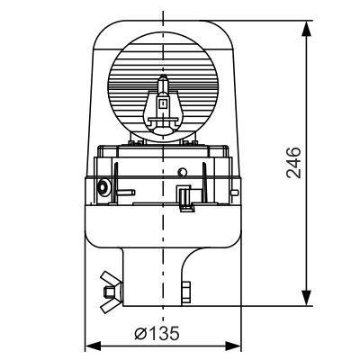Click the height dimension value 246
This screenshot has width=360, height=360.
(294, 162)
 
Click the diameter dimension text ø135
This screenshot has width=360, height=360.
(157, 333)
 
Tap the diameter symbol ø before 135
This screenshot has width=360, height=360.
(141, 333)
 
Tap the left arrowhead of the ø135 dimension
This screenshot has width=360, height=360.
(90, 346)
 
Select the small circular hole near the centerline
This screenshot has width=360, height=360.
(182, 171)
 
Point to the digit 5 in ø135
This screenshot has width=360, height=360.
(174, 333)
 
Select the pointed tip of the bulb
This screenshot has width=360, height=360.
(163, 79)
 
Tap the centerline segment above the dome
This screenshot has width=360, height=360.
(163, 13)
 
